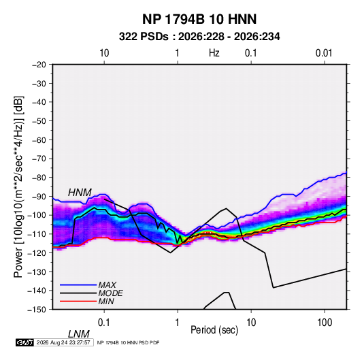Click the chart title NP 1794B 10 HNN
click(199, 19)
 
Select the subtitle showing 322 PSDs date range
click(199, 37)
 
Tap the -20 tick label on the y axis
click(39, 65)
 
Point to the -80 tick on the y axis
click(39, 178)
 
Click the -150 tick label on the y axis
click(37, 310)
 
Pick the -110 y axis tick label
click(37, 234)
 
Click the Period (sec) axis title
click(214, 330)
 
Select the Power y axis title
click(18, 187)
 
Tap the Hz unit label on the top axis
click(214, 53)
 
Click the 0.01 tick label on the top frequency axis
click(324, 53)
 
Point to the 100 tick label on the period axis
click(325, 323)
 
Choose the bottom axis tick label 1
click(177, 323)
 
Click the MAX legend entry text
click(107, 284)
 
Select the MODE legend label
click(110, 293)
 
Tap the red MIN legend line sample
click(78, 301)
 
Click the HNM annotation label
click(80, 193)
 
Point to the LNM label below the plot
click(79, 334)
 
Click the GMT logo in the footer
click(25, 342)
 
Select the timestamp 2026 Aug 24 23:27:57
click(63, 342)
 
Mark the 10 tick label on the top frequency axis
click(104, 53)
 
